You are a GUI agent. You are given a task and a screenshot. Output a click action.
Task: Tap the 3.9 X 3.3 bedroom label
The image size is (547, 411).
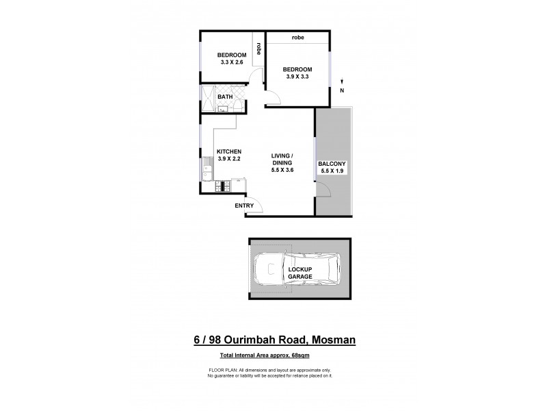click(297, 73)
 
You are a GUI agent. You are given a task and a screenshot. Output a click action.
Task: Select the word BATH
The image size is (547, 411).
click(225, 97)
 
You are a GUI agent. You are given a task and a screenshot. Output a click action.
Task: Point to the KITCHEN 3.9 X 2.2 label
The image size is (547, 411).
click(229, 155)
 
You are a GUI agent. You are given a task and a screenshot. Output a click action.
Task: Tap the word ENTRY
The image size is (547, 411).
click(244, 206)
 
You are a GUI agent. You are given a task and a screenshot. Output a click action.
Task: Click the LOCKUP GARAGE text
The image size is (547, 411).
click(299, 272)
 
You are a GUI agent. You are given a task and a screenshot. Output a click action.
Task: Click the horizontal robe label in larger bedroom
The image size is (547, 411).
click(297, 38)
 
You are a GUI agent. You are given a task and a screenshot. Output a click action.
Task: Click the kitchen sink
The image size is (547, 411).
click(206, 166)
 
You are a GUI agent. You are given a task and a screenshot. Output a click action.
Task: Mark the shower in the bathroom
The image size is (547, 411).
click(208, 97)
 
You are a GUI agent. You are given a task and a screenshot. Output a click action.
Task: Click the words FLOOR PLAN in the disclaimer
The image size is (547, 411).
click(221, 371)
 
